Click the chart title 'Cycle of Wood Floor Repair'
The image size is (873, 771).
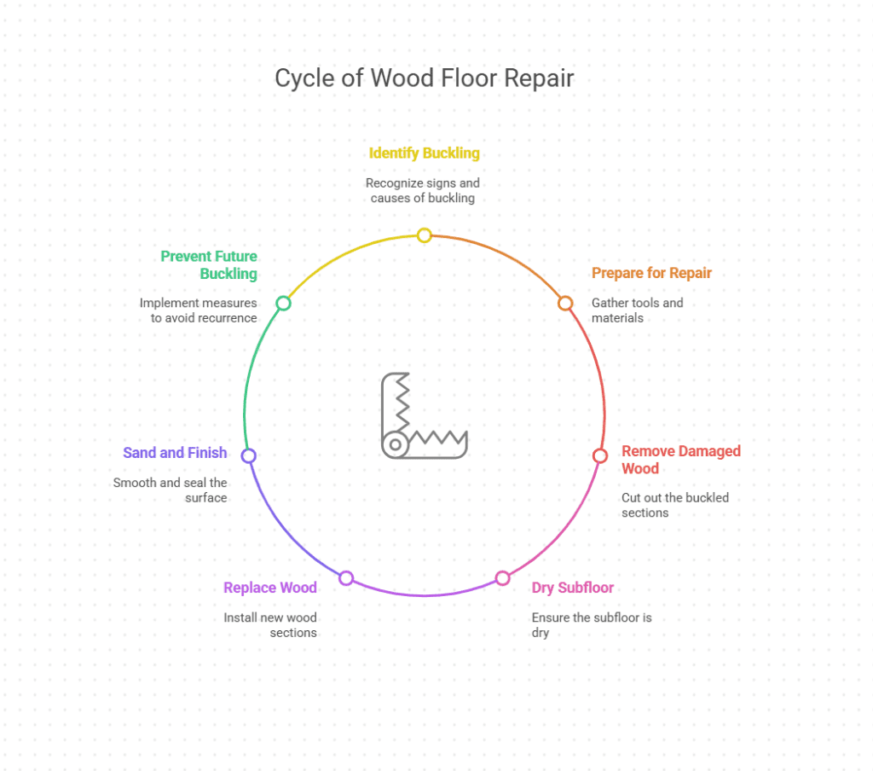click(x=424, y=78)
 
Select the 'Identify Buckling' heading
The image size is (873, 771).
click(x=424, y=154)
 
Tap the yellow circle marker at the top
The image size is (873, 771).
click(x=424, y=235)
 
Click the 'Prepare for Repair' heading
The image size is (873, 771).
click(x=651, y=273)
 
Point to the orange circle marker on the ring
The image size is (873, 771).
click(x=564, y=303)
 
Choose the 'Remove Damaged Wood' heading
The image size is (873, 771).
click(x=680, y=459)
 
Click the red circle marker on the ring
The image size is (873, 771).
click(x=599, y=455)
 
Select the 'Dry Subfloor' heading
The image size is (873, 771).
click(x=572, y=588)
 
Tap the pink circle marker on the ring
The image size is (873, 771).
click(x=502, y=578)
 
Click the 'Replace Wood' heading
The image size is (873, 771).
click(x=269, y=588)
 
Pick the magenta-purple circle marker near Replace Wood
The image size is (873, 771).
click(x=345, y=578)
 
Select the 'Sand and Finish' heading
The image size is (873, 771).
click(x=175, y=453)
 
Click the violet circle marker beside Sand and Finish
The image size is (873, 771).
click(x=248, y=455)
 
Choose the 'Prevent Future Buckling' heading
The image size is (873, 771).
click(x=209, y=264)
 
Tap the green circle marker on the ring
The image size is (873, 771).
click(x=283, y=303)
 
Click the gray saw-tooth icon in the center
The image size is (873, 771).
click(x=423, y=416)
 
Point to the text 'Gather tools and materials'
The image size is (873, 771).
click(x=637, y=310)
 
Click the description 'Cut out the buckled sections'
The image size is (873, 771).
click(x=674, y=505)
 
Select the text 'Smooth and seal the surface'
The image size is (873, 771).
click(x=171, y=490)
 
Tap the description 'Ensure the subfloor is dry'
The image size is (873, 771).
click(x=591, y=625)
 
